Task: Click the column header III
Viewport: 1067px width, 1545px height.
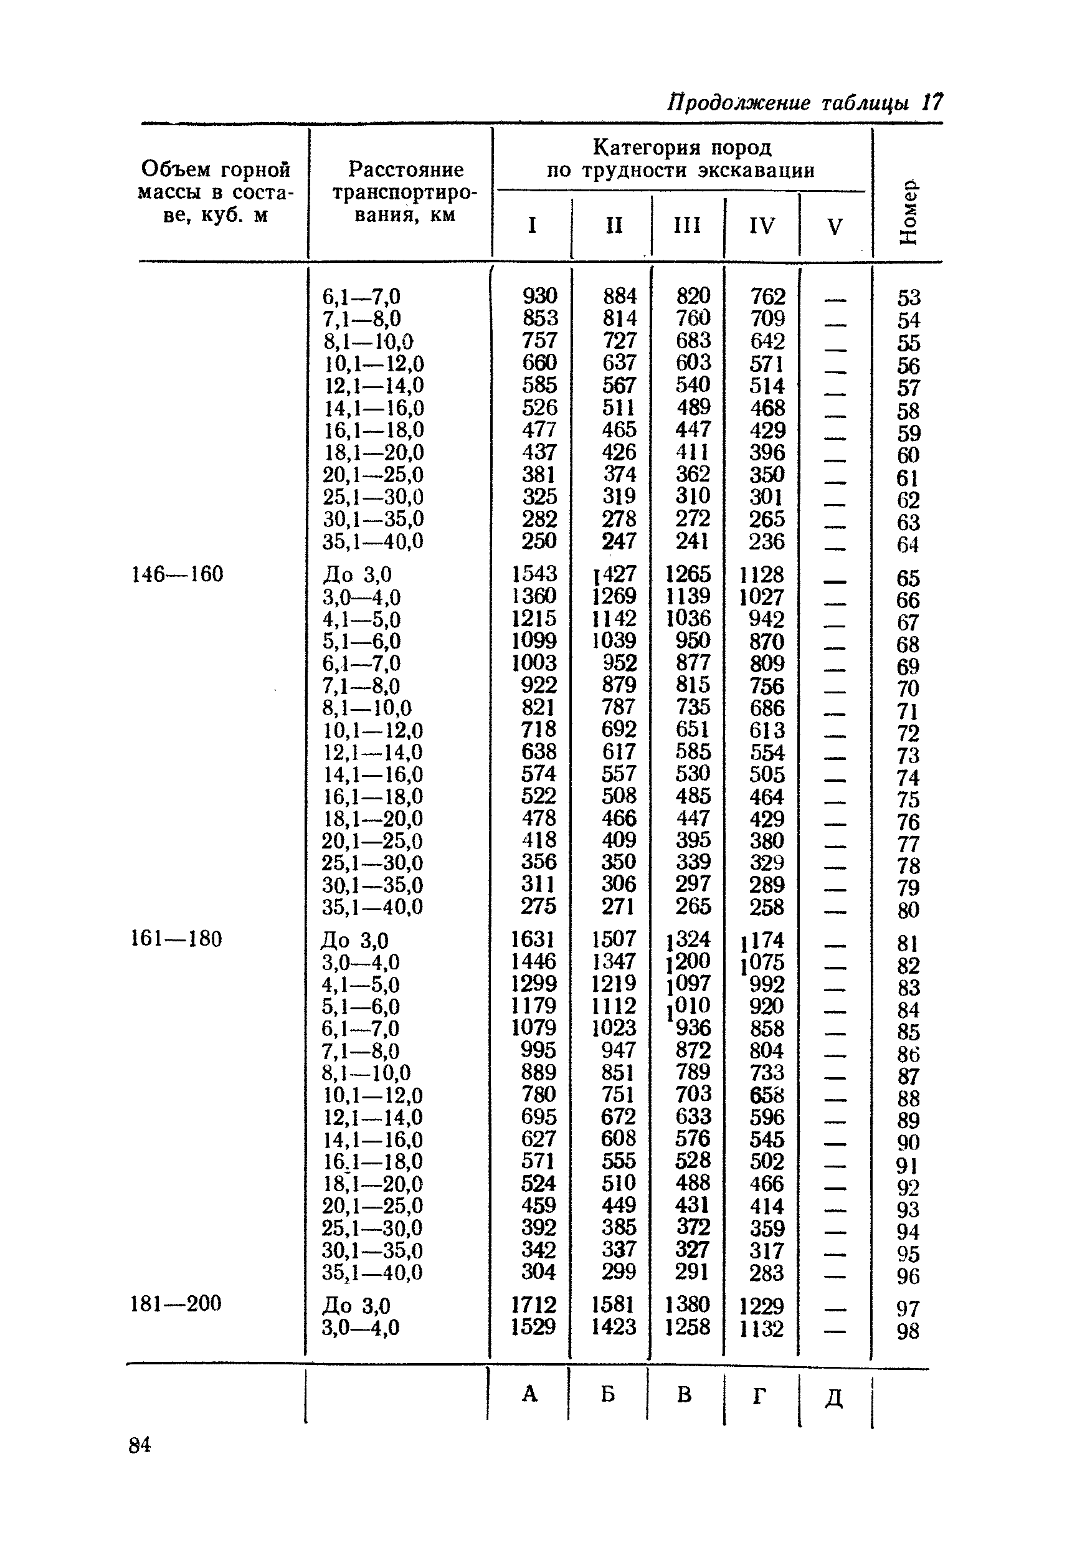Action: point(687,226)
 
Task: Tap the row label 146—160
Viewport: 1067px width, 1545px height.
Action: point(177,574)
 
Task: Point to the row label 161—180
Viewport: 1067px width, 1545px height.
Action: point(176,939)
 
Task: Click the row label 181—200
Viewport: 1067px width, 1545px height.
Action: point(175,1304)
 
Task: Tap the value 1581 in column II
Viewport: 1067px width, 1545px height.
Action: point(614,1305)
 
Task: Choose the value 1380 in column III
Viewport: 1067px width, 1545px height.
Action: point(687,1305)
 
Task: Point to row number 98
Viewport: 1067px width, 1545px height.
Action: point(908,1331)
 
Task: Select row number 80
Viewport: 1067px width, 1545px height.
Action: point(909,910)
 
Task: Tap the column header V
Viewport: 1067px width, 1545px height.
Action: point(834,227)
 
